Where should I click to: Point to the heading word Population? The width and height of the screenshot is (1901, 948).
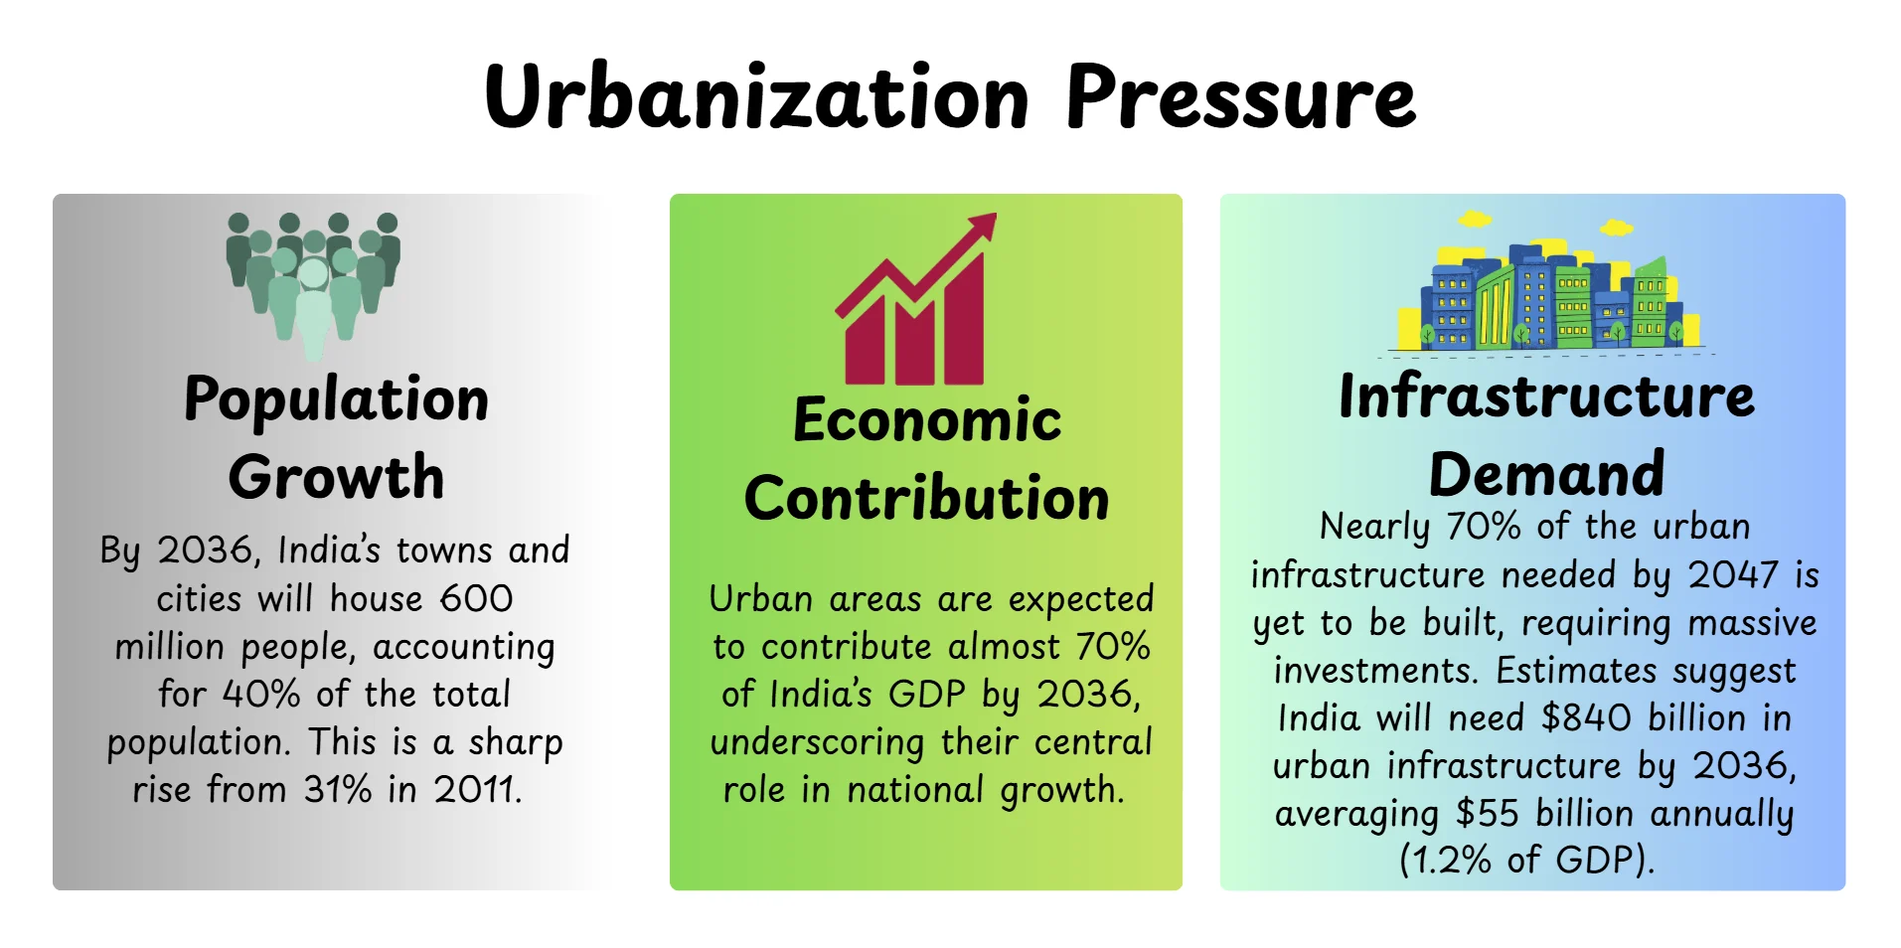[336, 400]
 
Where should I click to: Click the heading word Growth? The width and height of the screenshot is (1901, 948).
[336, 477]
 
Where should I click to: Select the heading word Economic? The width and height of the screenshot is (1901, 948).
[926, 420]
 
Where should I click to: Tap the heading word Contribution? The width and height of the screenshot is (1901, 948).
[926, 498]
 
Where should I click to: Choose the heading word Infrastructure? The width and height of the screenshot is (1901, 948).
[1546, 396]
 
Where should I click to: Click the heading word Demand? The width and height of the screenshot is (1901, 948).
[1546, 474]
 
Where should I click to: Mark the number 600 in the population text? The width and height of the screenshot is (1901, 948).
[476, 598]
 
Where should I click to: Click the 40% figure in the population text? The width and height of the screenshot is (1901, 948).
[260, 694]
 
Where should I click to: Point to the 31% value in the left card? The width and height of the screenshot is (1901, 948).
[337, 789]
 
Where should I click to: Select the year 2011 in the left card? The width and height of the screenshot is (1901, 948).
[477, 789]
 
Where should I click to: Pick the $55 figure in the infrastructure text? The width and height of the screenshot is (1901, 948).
[1487, 813]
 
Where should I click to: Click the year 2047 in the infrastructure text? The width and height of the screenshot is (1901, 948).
[1732, 574]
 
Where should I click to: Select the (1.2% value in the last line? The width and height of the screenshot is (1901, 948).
[1445, 860]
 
